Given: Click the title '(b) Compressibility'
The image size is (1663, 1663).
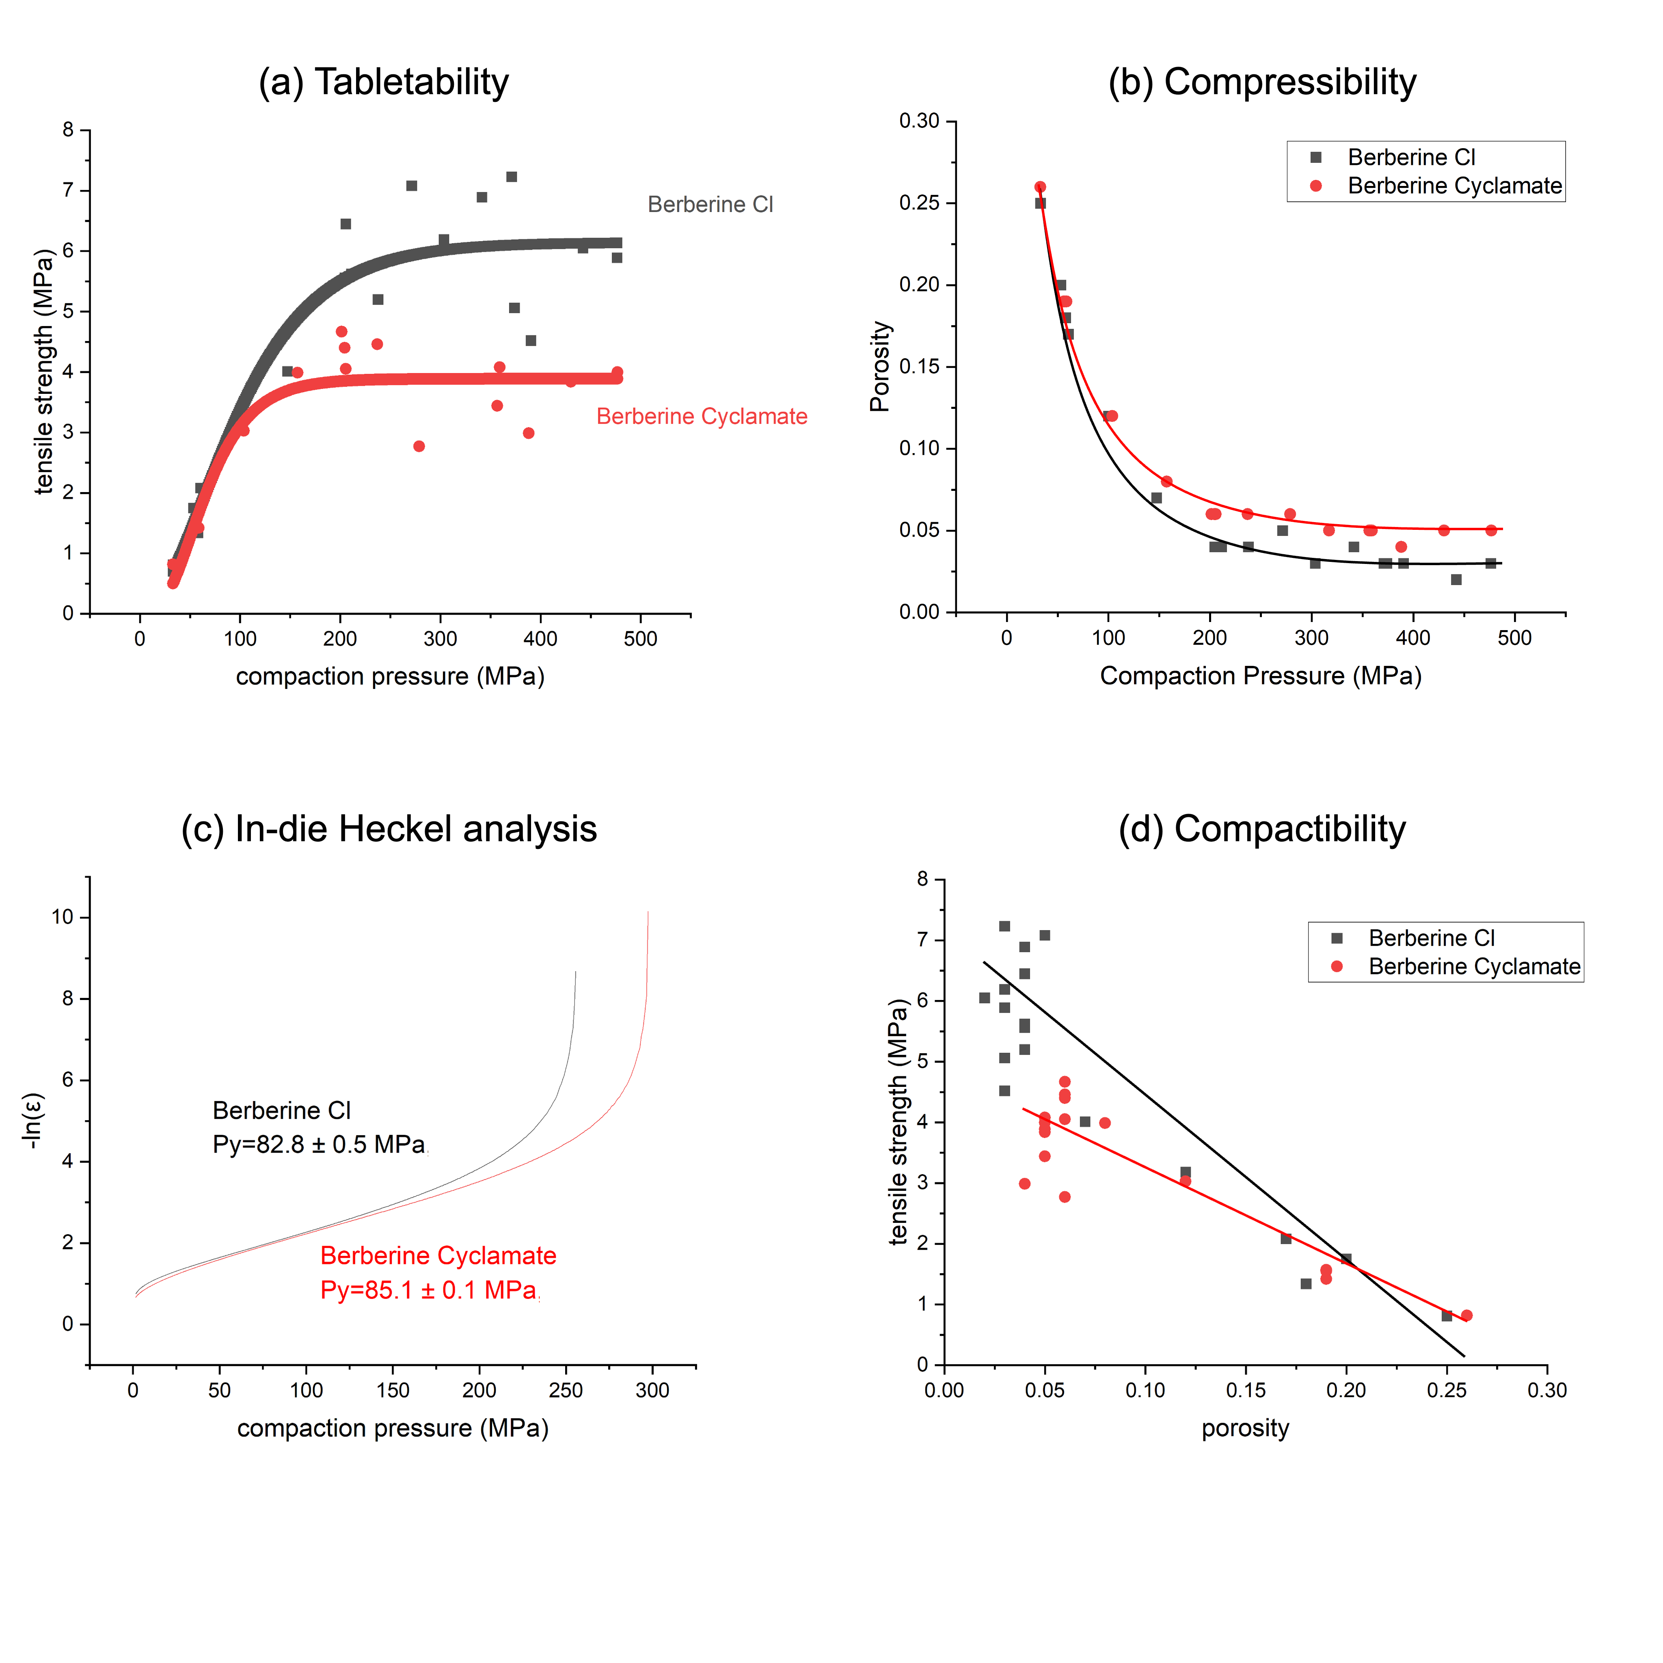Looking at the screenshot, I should point(1262,83).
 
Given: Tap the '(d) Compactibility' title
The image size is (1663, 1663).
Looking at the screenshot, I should point(1262,829).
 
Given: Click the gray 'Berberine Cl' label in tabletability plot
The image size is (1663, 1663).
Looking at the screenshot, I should point(710,205).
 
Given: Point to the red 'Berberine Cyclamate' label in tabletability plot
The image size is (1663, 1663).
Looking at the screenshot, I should point(702,417).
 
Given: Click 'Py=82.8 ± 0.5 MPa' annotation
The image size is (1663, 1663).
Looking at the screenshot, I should point(318,1145).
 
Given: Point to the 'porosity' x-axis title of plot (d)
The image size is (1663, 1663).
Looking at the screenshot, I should point(1245,1429).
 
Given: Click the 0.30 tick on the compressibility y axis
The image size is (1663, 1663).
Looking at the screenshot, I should point(919,121).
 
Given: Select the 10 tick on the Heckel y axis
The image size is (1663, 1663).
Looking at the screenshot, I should point(63,918).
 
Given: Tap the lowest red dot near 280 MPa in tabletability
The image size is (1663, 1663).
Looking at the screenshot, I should point(419,446).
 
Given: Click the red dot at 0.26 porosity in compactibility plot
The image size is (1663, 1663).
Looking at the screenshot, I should point(1467,1315).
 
